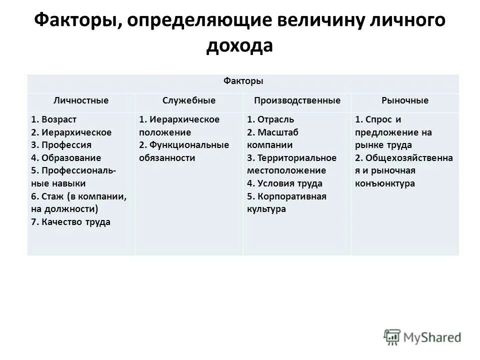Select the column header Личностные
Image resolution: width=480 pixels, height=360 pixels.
(81, 100)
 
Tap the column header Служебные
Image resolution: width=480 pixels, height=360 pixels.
(189, 100)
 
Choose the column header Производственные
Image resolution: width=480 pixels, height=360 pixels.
(297, 100)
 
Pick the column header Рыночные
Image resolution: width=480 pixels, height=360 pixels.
(405, 100)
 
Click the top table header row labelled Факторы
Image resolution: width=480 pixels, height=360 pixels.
(243, 81)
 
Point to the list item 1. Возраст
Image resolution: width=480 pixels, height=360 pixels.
(53, 119)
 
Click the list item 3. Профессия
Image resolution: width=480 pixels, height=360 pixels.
(61, 145)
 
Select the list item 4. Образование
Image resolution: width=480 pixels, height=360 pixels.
(65, 158)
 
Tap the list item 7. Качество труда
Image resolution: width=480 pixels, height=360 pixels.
(70, 222)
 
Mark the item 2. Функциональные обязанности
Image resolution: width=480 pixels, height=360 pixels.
(184, 151)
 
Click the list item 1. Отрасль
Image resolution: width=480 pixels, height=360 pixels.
(270, 119)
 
